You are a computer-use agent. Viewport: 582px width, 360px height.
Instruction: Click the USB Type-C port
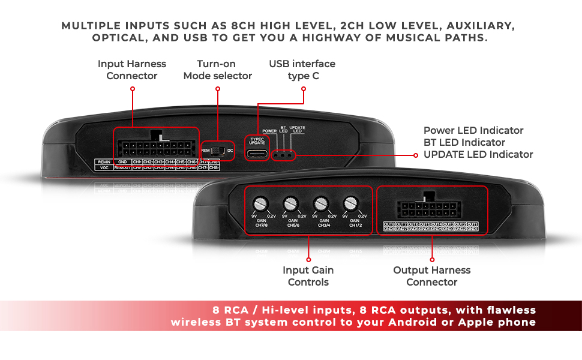[257, 153]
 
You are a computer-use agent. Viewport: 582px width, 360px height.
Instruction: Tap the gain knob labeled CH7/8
[260, 204]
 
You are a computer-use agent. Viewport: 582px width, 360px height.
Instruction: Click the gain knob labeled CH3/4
[322, 204]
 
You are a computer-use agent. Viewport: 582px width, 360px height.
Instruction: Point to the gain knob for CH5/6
[291, 204]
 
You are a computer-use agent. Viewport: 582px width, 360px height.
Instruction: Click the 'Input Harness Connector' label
[132, 70]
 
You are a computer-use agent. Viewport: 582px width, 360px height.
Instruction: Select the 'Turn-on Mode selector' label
[217, 70]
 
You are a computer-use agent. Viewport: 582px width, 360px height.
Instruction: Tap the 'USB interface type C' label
[302, 70]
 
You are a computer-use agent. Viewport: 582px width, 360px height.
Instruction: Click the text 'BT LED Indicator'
[464, 142]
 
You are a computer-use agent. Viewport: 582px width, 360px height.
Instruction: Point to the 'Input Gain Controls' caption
[308, 276]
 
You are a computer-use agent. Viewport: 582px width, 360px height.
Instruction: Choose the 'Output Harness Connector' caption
[431, 276]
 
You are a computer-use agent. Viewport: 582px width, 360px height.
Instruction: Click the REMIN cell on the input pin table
[103, 162]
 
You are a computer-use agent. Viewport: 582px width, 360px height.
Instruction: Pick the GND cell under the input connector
[122, 162]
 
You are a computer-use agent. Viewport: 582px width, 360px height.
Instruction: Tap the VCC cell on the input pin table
[103, 168]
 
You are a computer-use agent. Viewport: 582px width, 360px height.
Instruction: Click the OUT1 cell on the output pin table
[472, 224]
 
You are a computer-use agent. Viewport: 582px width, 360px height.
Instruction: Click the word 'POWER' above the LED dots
[269, 130]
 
